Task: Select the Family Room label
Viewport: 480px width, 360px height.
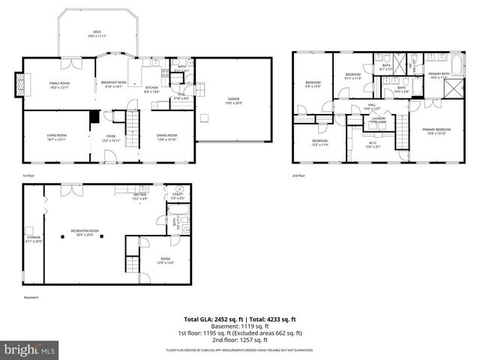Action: point(59,85)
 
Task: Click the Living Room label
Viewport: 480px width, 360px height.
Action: point(58,137)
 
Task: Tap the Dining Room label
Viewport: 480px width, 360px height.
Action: point(166,137)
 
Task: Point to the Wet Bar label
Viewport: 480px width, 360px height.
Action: point(141,197)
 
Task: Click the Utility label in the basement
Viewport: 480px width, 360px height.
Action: point(178,197)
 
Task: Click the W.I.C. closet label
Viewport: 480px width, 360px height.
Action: point(373,144)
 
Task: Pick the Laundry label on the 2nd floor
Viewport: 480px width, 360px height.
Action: point(378,119)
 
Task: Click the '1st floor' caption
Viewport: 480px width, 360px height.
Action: point(29,175)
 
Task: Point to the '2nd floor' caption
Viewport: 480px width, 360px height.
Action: point(299,175)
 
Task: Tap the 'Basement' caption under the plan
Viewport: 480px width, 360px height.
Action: point(31,297)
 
